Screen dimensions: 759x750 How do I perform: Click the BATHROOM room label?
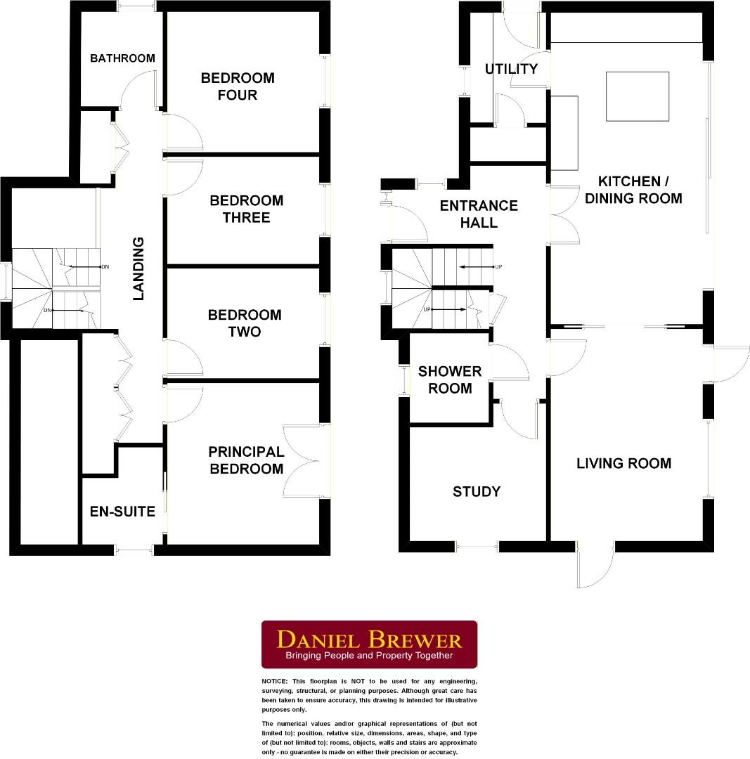(122, 58)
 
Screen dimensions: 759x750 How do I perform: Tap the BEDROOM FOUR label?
(238, 86)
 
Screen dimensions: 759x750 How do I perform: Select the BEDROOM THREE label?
(246, 209)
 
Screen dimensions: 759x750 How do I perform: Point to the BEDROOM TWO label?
(244, 323)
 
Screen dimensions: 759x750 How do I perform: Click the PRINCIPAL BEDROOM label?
(246, 460)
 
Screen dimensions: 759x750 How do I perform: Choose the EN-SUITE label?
(122, 512)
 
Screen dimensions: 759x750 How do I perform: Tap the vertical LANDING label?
(138, 268)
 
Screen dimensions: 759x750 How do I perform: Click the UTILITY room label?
(511, 69)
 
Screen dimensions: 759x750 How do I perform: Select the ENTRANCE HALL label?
(479, 214)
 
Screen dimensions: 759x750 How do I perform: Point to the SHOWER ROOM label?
(450, 379)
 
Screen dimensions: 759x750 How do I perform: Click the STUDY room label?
(477, 491)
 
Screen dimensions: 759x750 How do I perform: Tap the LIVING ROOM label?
(623, 463)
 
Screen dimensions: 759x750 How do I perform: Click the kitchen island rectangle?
(638, 96)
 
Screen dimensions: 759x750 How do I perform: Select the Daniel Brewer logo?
(369, 644)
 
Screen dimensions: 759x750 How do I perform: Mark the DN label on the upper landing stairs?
(105, 267)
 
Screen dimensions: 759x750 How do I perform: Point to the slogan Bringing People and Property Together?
(369, 656)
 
